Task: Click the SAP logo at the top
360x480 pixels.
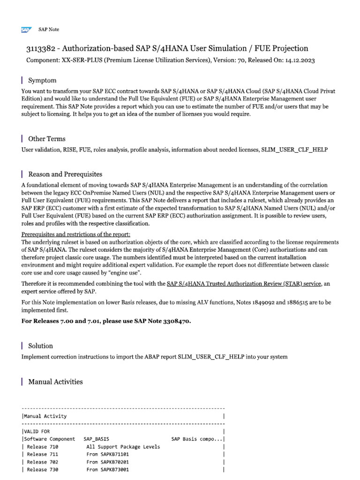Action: (25, 30)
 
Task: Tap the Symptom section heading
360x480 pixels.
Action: (42, 81)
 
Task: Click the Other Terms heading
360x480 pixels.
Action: (47, 139)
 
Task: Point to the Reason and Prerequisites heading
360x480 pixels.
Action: (65, 174)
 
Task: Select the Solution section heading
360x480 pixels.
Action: (40, 346)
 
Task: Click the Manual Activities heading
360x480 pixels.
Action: (55, 382)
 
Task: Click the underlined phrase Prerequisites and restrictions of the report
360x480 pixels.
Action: (76, 234)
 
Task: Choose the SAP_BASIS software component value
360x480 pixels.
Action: (96, 439)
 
